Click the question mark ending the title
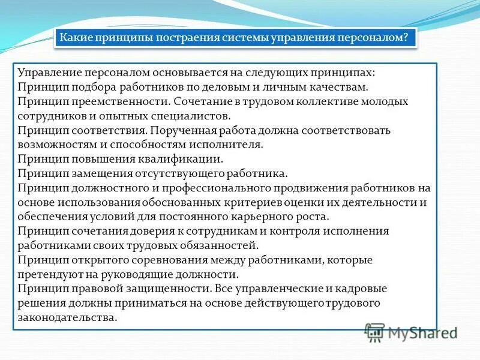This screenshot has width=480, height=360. pyautogui.click(x=407, y=38)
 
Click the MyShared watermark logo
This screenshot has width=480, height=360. pyautogui.click(x=412, y=332)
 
